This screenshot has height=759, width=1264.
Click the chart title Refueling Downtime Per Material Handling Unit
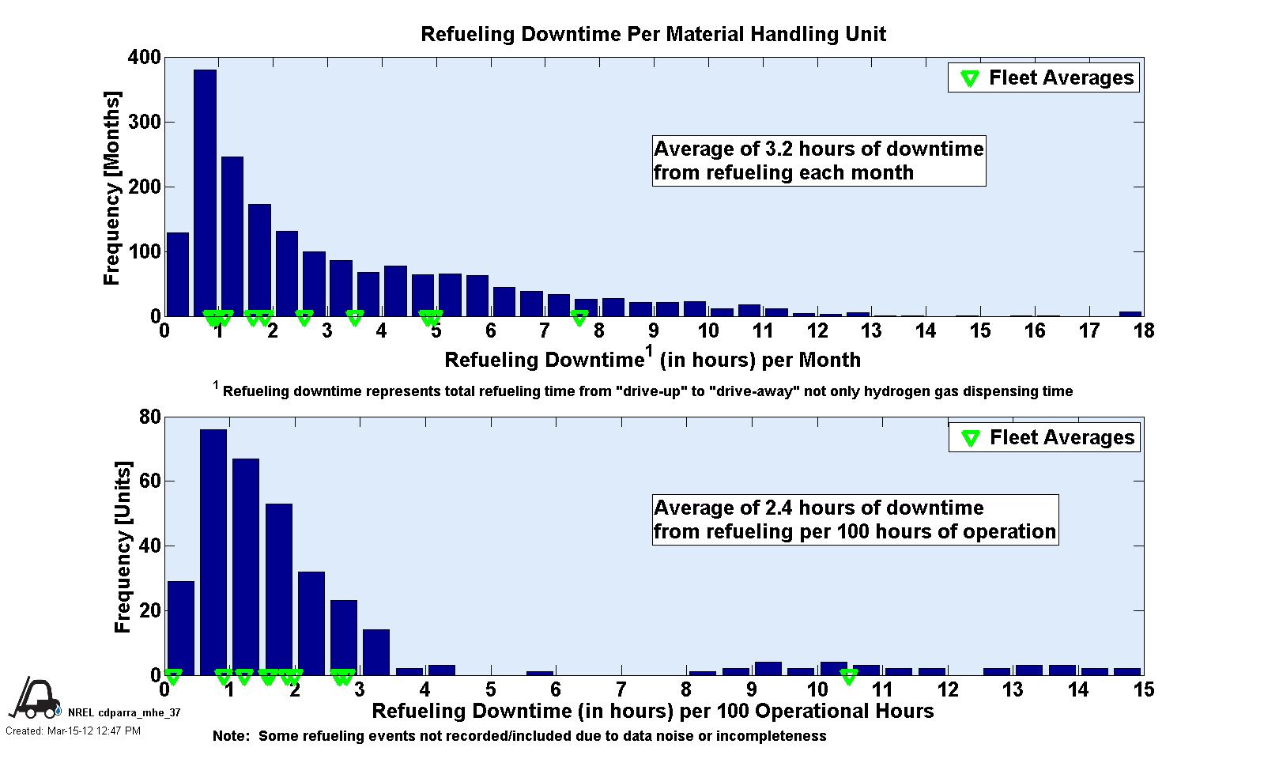[x=653, y=34]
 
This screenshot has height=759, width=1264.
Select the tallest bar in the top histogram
[x=205, y=193]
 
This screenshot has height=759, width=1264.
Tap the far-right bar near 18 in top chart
[x=1130, y=313]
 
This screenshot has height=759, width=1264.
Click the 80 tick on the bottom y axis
[x=151, y=417]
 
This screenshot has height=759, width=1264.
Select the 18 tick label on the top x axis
[x=1143, y=331]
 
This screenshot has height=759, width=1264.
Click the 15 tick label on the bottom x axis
[x=1143, y=690]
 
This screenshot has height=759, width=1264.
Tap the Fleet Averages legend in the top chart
[x=1044, y=77]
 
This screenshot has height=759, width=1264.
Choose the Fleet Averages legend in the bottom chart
[x=1045, y=437]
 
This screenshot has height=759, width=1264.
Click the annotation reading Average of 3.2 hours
[x=819, y=161]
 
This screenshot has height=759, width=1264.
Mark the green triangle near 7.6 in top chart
[x=579, y=318]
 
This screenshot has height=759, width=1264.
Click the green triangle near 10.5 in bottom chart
[x=848, y=677]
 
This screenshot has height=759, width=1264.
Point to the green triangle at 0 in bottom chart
[x=173, y=677]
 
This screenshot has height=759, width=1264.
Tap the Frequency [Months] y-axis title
[x=112, y=188]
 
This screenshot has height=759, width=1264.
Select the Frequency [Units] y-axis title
[x=123, y=547]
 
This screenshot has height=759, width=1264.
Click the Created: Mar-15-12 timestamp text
[x=73, y=731]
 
